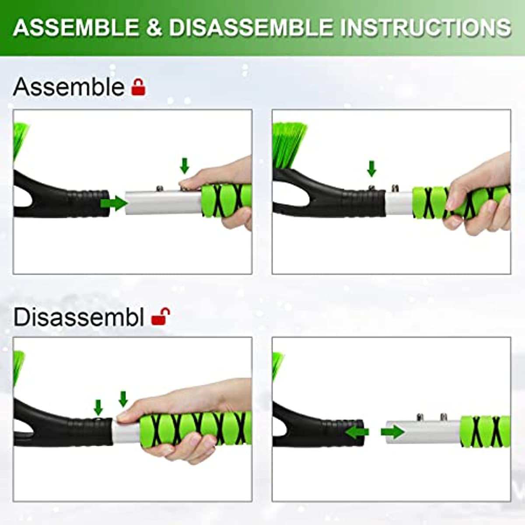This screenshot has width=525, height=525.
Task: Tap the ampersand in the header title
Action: (x=154, y=28)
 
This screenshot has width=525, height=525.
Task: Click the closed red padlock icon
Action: (x=138, y=87)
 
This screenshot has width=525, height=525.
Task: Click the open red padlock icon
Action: (x=160, y=316)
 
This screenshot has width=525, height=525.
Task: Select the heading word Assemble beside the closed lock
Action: (x=69, y=87)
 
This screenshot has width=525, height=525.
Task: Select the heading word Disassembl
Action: (x=79, y=317)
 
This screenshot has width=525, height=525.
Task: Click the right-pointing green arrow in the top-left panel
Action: (x=113, y=203)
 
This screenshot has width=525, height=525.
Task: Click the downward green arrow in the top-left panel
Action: (x=185, y=166)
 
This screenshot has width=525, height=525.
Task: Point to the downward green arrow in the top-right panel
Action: (x=371, y=168)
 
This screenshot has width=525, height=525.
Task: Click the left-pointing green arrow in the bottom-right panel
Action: (x=357, y=432)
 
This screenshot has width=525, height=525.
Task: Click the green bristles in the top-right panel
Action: (x=289, y=144)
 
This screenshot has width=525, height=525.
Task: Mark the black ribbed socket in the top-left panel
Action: (x=87, y=203)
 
